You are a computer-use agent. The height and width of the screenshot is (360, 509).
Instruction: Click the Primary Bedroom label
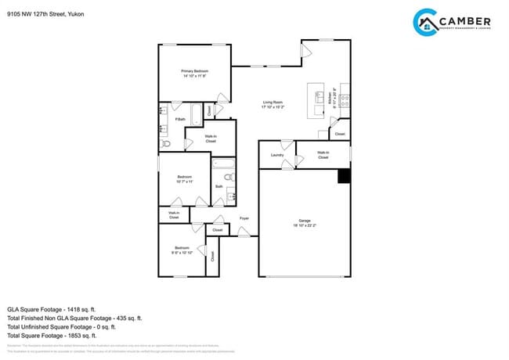tap(194, 74)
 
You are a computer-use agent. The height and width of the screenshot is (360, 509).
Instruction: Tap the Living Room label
tap(273, 103)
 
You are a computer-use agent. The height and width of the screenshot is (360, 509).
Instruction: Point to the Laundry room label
tap(276, 155)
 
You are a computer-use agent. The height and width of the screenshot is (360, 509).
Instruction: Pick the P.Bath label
tap(180, 119)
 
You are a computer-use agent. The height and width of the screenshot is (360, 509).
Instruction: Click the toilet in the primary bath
tap(164, 144)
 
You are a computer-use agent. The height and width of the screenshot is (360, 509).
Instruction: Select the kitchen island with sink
tap(317, 98)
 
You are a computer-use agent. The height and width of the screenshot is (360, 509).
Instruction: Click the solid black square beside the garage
tap(343, 176)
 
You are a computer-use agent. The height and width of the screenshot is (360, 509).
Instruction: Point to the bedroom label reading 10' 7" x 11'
tap(185, 178)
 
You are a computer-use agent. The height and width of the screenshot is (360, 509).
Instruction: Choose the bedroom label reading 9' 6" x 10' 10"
tap(182, 250)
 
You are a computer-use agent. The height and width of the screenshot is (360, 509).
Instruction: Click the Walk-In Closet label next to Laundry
tap(323, 155)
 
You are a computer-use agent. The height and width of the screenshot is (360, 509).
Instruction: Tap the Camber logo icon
tap(426, 23)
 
